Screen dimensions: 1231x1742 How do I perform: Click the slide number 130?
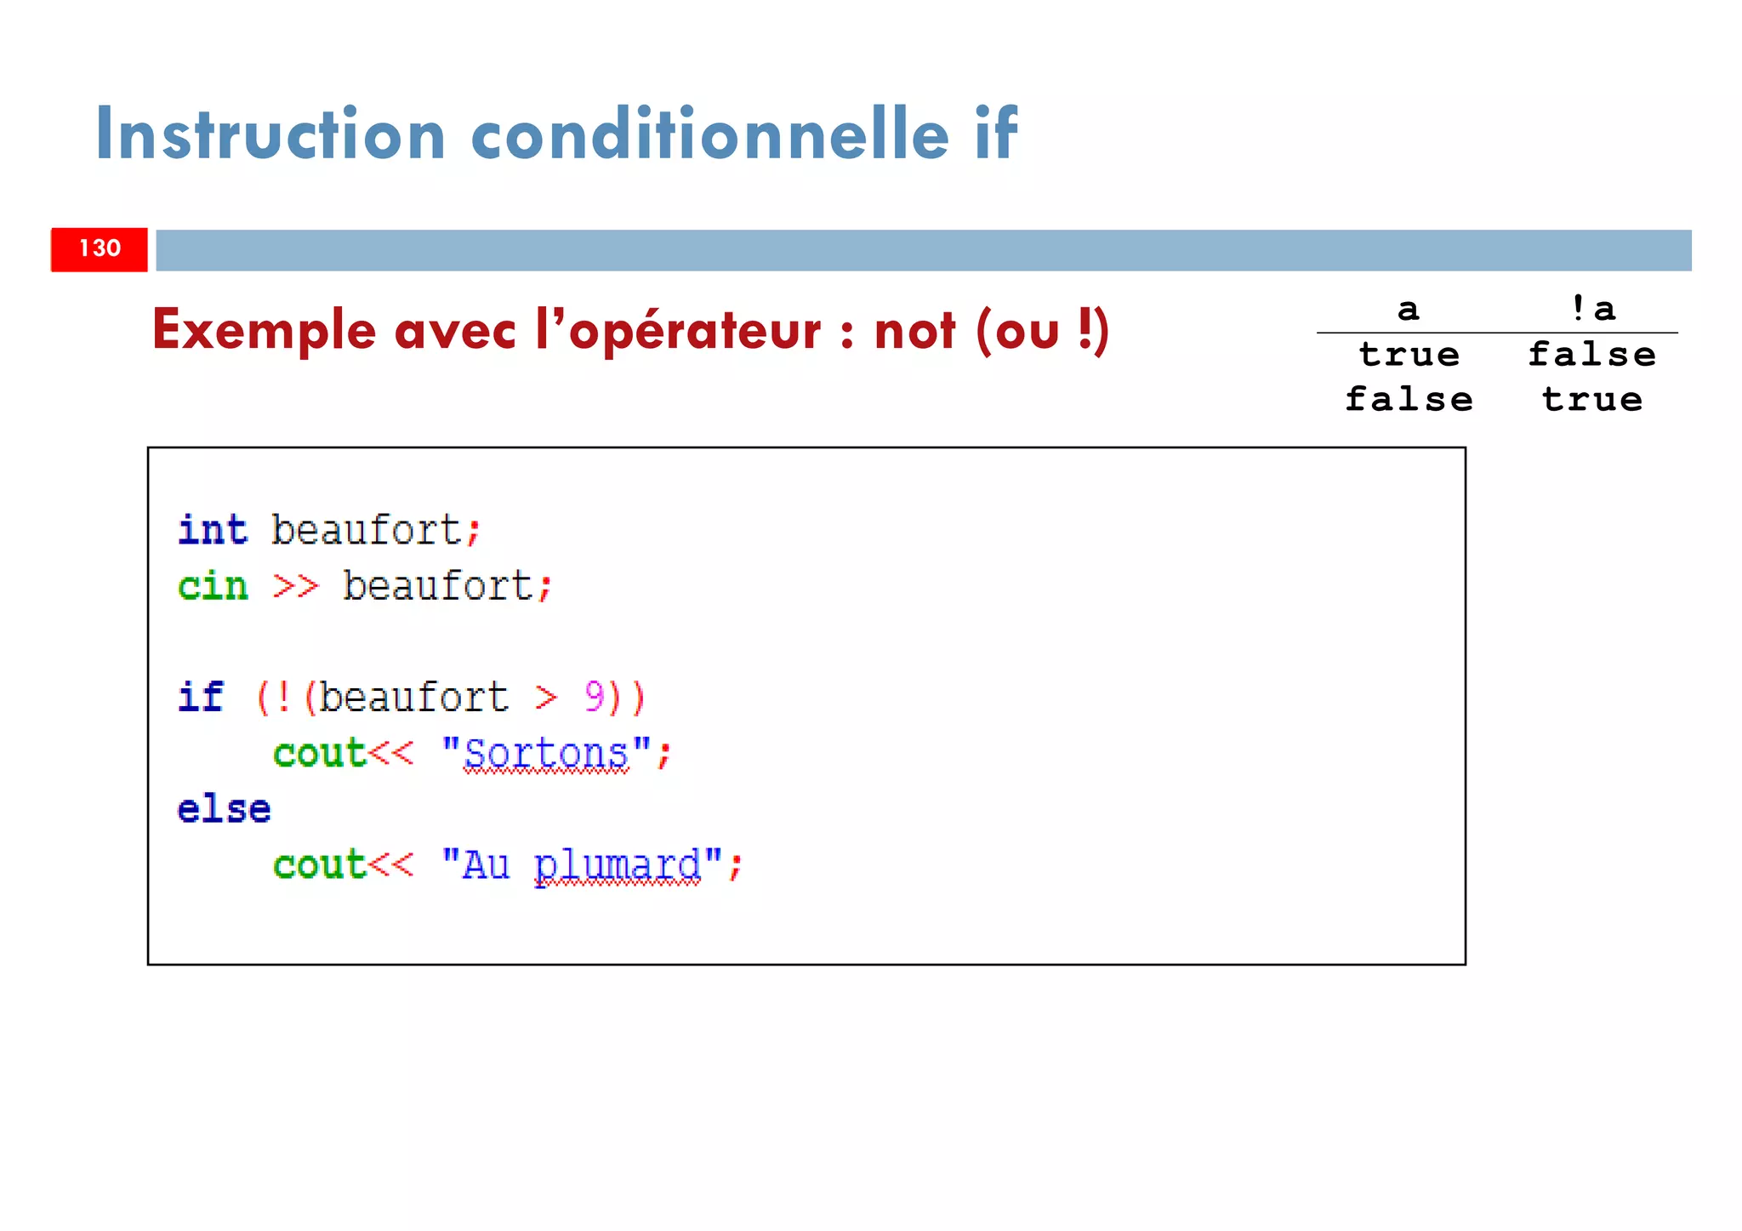point(100,248)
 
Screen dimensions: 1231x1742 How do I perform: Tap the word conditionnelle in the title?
point(709,134)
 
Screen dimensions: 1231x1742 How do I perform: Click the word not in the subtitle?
point(914,331)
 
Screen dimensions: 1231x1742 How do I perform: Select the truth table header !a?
point(1592,309)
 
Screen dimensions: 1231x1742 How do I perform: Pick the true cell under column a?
point(1409,355)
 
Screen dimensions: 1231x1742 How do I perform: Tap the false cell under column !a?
point(1591,355)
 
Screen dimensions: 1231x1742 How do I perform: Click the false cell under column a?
point(1409,400)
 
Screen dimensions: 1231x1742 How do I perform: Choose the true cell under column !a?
point(1591,400)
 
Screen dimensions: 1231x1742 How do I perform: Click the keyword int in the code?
point(213,530)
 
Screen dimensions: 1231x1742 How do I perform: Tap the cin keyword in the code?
point(213,586)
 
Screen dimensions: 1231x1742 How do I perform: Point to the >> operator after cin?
point(295,586)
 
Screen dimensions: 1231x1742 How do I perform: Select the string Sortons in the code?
point(546,754)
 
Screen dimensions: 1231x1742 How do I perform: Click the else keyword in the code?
point(224,809)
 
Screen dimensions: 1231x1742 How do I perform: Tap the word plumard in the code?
point(618,866)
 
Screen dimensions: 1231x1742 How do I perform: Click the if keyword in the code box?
point(201,698)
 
